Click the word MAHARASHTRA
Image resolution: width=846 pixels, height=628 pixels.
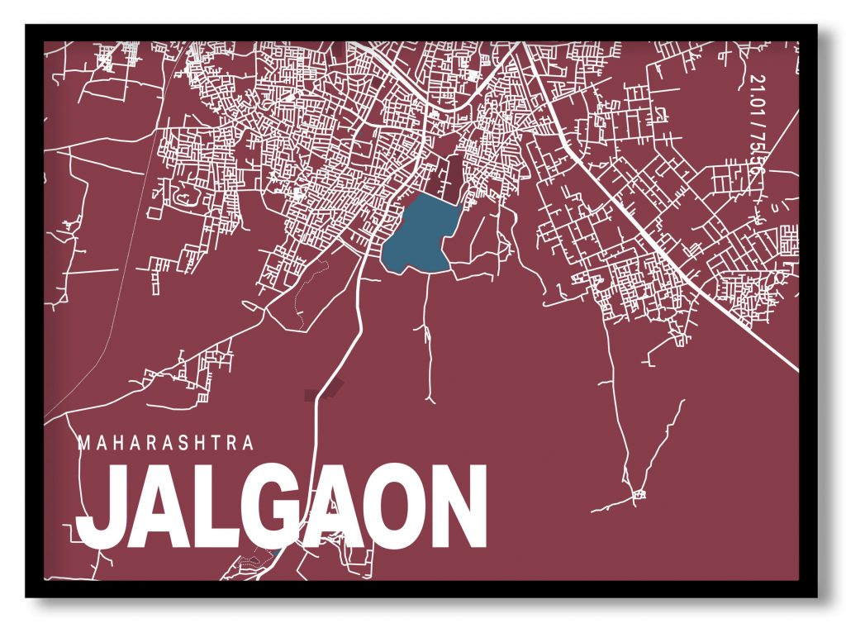[165, 443]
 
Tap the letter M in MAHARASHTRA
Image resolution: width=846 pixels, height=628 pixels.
[83, 443]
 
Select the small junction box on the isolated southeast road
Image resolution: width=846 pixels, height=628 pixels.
[637, 496]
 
